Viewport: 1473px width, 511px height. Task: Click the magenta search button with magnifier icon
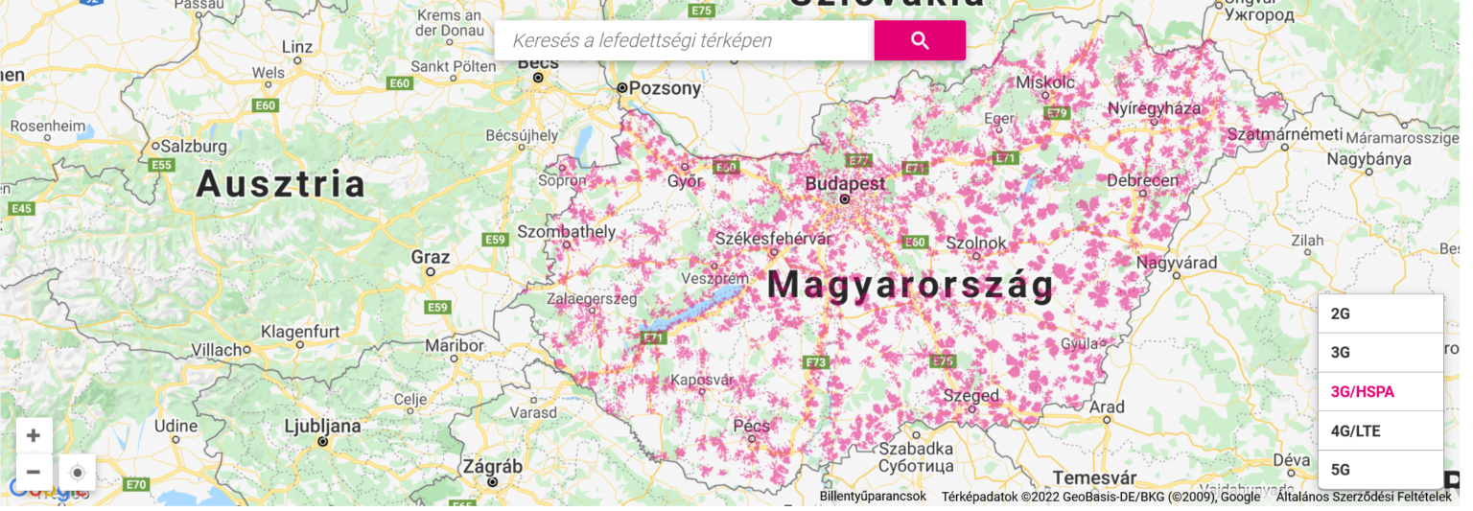click(x=920, y=40)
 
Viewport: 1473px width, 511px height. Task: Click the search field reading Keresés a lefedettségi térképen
click(x=684, y=40)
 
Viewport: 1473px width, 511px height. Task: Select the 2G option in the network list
click(x=1380, y=314)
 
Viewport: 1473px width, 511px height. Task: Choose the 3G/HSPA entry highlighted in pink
click(x=1380, y=391)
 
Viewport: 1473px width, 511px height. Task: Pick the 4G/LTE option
click(x=1380, y=430)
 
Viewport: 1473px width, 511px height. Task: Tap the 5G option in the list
click(x=1380, y=470)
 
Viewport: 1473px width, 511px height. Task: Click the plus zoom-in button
click(x=34, y=436)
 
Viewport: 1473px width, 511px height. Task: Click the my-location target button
click(x=78, y=473)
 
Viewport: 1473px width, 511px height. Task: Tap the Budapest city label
click(x=845, y=183)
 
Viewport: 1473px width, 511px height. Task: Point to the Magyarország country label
click(x=910, y=285)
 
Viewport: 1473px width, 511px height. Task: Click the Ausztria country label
click(x=281, y=184)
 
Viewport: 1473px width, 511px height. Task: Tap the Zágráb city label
click(x=493, y=467)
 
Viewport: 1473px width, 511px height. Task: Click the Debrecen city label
click(x=1142, y=180)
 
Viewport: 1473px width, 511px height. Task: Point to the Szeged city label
click(x=971, y=395)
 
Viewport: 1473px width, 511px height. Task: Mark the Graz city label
click(x=430, y=257)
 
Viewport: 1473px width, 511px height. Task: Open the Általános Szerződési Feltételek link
click(x=1363, y=496)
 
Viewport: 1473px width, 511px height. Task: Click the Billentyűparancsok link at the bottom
click(x=873, y=496)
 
